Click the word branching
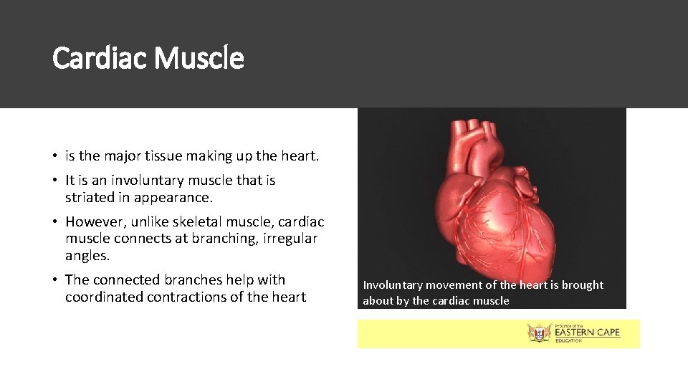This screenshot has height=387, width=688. click(x=215, y=239)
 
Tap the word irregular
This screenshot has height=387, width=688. click(x=290, y=239)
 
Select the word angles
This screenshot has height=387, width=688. click(x=87, y=256)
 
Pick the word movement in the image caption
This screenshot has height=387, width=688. click(x=457, y=285)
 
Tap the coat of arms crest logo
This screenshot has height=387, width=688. click(x=538, y=333)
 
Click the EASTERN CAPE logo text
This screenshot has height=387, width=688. click(x=586, y=332)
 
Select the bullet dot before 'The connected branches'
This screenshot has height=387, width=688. click(x=55, y=280)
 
